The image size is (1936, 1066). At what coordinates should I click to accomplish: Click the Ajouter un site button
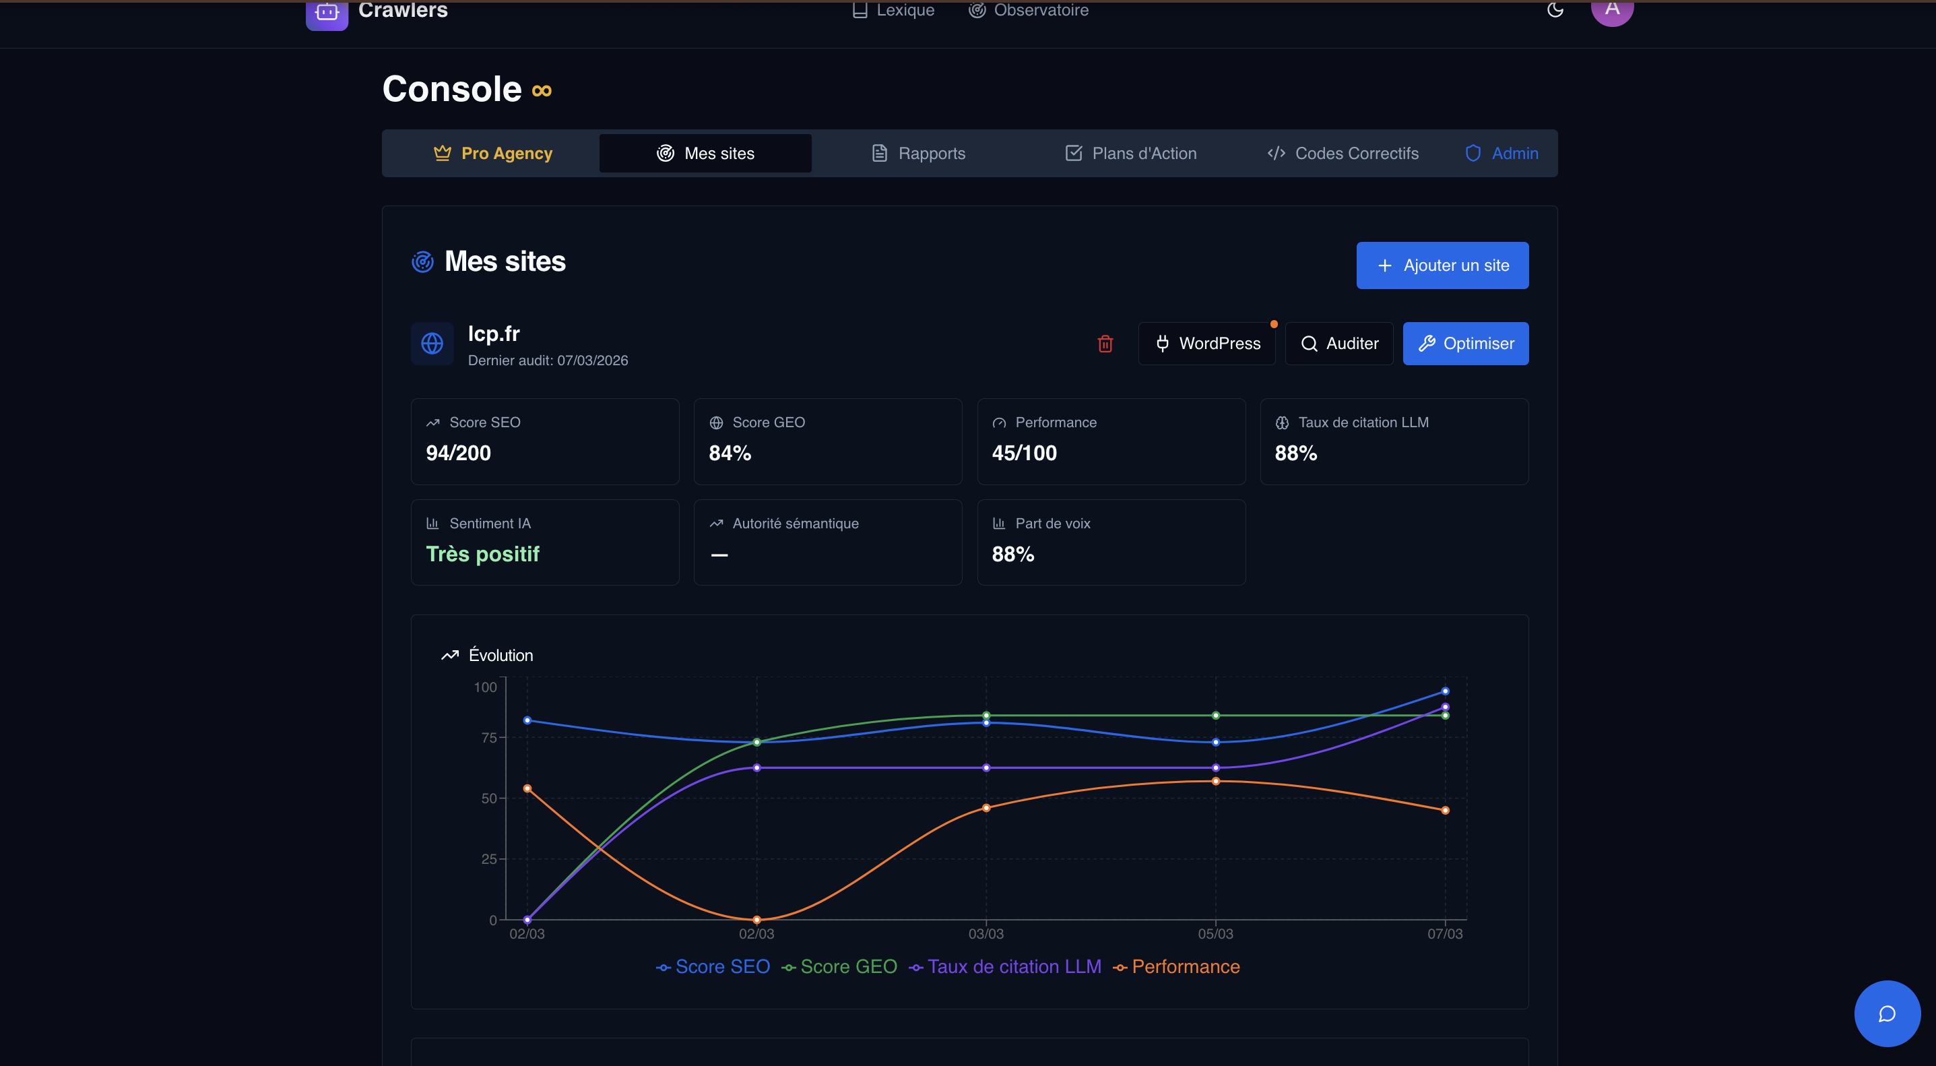1442,265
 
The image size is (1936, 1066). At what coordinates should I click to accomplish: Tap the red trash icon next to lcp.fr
1105,344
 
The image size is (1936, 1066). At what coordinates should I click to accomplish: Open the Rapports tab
917,154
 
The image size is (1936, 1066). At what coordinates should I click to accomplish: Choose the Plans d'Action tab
1130,154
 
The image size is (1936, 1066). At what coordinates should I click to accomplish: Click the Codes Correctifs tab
1343,154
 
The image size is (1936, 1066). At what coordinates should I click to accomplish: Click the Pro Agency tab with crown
493,154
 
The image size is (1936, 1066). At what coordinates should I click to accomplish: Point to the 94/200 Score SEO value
459,453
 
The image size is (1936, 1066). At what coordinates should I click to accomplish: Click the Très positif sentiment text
482,554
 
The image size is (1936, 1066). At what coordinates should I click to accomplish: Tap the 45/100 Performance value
1024,453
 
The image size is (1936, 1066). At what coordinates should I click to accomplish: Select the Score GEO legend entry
839,967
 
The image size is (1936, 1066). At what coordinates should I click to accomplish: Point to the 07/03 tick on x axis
1444,934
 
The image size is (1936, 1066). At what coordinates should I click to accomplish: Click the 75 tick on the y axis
488,737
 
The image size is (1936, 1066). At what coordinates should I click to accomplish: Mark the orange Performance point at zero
756,919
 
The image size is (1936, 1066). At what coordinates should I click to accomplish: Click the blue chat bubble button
1886,1013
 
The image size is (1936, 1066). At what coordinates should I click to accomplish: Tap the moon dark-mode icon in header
1555,10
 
